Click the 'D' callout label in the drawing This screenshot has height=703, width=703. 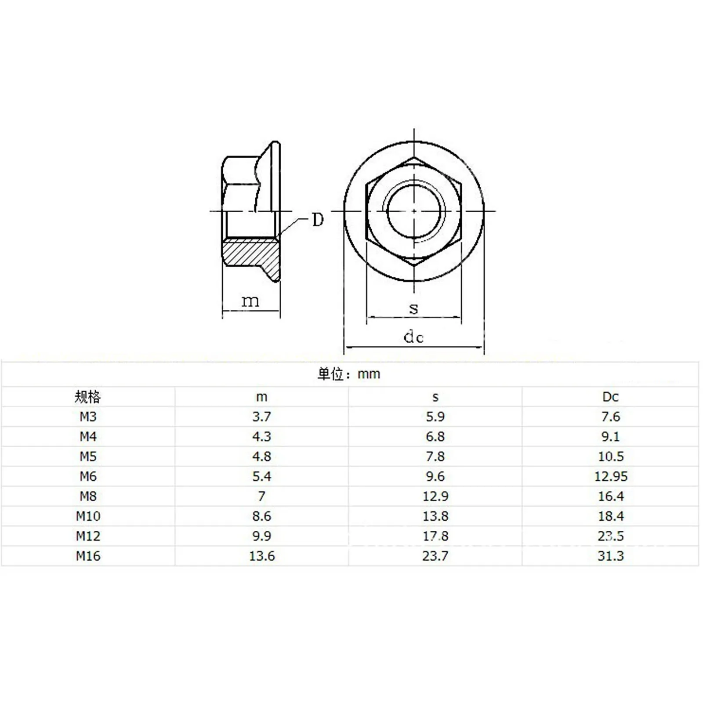click(318, 219)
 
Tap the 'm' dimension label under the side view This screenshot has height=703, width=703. click(250, 301)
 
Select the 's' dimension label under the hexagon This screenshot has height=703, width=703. click(413, 308)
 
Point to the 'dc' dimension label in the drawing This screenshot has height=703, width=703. click(413, 337)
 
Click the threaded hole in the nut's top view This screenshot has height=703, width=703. click(414, 211)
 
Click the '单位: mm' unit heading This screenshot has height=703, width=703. click(349, 374)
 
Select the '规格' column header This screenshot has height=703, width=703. click(88, 397)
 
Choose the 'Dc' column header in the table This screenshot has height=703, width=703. click(610, 397)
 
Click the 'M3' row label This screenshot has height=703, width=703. click(88, 417)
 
